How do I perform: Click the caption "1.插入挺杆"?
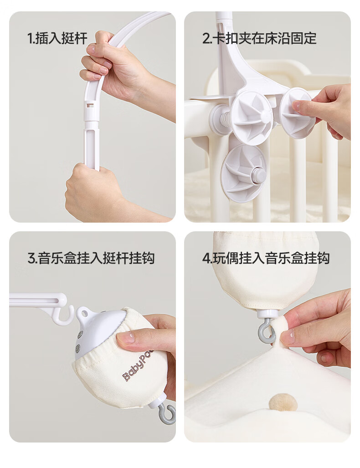[57, 38]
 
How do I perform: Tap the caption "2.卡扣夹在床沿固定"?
[259, 38]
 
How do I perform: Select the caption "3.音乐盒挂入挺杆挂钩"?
[91, 258]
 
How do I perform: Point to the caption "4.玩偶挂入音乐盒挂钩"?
[266, 258]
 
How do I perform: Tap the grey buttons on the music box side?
[79, 342]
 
